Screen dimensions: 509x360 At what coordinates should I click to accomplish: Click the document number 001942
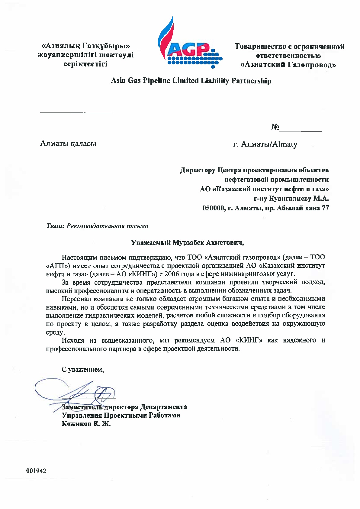(36, 471)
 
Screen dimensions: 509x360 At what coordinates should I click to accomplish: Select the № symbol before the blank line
(275, 127)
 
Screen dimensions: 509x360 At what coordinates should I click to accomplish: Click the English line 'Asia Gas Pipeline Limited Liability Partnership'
(191, 81)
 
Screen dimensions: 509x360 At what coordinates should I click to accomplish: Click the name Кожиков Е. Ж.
(86, 423)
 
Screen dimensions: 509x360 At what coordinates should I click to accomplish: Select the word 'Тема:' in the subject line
(55, 226)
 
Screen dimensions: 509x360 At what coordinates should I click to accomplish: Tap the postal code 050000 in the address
(213, 208)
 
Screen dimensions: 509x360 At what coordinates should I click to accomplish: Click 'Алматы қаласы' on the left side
(68, 143)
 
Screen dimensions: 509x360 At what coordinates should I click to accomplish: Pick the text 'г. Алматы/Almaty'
(265, 144)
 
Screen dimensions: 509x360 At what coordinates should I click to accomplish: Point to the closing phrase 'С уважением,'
(83, 369)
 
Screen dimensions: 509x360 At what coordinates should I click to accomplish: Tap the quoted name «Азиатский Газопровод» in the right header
(288, 65)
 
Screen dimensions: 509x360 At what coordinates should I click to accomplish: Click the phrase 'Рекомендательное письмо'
(107, 226)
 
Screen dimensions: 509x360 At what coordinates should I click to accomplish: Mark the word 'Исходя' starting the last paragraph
(73, 340)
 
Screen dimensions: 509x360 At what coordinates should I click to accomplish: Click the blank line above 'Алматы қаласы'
(76, 113)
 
